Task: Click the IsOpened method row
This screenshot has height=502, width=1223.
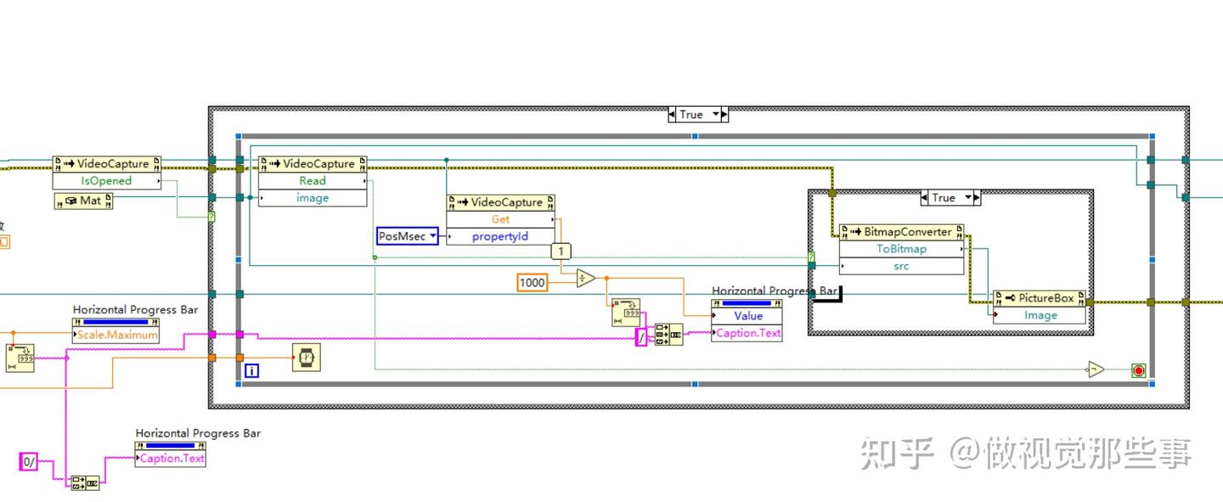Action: (106, 181)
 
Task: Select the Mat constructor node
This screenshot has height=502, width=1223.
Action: (83, 201)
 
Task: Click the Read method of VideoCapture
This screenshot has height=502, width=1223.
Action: (312, 181)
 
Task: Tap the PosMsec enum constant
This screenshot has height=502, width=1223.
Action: (407, 236)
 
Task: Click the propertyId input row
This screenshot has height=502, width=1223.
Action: (500, 236)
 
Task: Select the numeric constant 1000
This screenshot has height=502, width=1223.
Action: (533, 282)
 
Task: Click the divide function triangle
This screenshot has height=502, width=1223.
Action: (585, 279)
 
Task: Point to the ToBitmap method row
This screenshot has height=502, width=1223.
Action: (901, 249)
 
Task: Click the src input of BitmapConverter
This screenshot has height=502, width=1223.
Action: (901, 266)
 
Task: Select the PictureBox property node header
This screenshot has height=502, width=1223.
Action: (1039, 298)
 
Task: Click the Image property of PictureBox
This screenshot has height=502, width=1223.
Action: (1040, 315)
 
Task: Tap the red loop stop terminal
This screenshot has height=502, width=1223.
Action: (1138, 370)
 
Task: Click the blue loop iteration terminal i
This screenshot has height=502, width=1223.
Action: (251, 370)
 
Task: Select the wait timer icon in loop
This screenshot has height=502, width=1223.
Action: (307, 358)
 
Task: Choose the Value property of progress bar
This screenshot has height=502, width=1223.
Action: (747, 316)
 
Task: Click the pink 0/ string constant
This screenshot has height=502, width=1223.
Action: (29, 462)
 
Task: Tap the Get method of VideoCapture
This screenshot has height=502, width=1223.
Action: (500, 219)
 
